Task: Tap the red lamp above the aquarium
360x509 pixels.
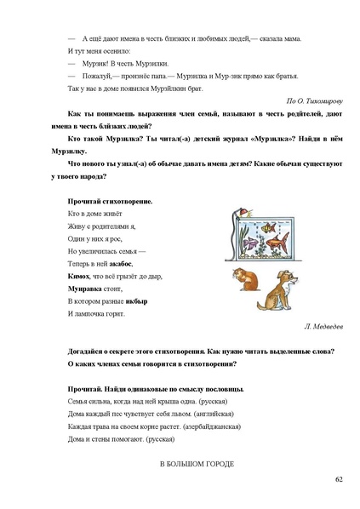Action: pos(240,212)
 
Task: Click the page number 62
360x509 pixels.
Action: pos(338,480)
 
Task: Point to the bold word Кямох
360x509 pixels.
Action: pos(78,277)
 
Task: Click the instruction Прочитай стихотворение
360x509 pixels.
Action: pos(110,201)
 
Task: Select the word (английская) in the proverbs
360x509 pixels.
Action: pos(186,413)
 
